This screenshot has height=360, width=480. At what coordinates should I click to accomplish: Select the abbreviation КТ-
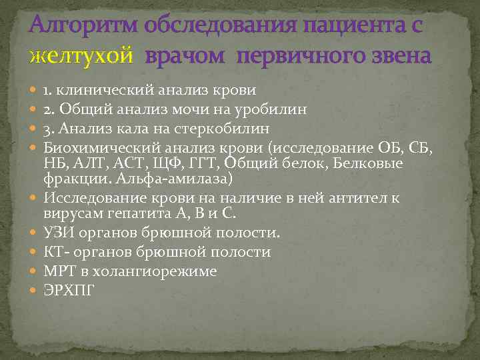pos(57,253)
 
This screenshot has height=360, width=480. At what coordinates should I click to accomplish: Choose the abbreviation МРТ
pos(59,271)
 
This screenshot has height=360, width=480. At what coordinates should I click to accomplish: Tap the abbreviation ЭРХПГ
pos(69,290)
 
